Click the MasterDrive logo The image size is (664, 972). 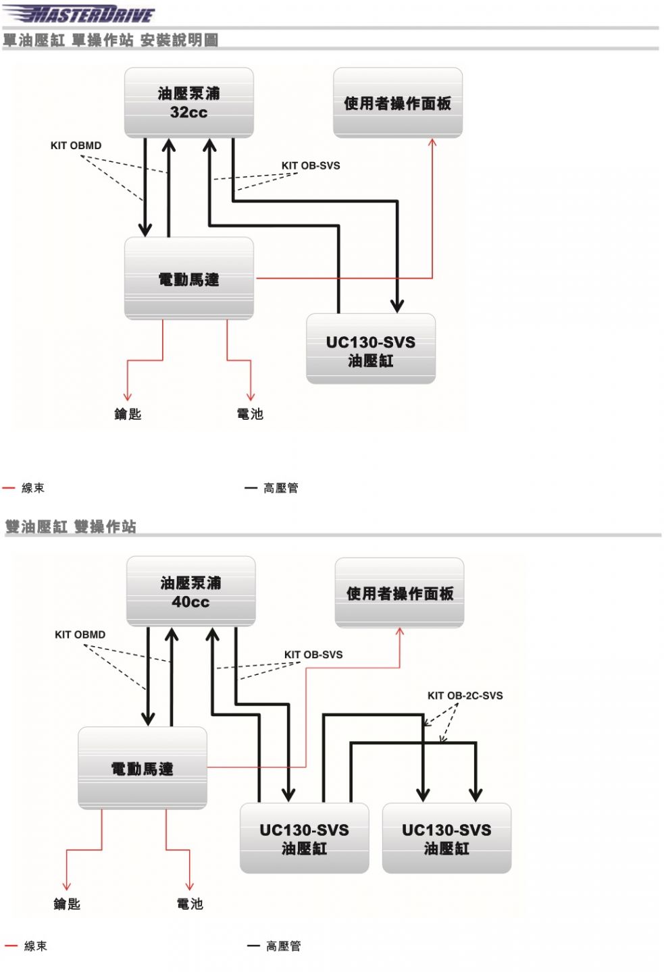[79, 13]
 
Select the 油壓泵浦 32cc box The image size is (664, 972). [189, 103]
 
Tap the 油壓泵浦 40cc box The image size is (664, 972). [191, 591]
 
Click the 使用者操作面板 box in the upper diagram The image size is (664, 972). [398, 103]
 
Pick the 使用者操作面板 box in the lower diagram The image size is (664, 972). [399, 593]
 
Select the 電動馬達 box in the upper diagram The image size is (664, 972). [189, 279]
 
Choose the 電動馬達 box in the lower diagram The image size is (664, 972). [143, 768]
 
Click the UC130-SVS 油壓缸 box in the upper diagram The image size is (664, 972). [371, 349]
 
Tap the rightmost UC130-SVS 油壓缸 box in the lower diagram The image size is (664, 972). [447, 838]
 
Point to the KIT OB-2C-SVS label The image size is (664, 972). [465, 695]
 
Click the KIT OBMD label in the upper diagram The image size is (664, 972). [76, 145]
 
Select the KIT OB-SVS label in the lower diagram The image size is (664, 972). [313, 654]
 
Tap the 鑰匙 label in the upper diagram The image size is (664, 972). [128, 414]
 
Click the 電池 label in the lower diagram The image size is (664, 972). [190, 904]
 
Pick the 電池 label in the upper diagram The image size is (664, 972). [250, 414]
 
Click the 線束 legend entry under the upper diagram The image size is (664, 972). [24, 488]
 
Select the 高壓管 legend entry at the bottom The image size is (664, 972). [274, 946]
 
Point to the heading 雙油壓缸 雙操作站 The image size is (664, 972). [71, 526]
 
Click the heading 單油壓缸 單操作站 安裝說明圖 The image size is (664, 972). [110, 40]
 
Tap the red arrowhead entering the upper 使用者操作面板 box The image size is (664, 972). [432, 142]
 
